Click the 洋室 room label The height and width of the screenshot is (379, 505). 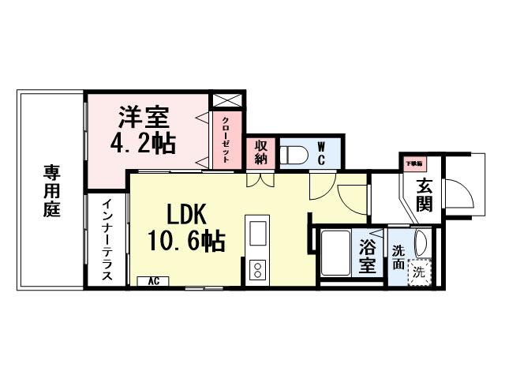click(143, 118)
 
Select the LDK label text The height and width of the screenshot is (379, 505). click(186, 214)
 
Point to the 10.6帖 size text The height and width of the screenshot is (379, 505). click(187, 240)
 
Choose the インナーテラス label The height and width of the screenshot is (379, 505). click(107, 240)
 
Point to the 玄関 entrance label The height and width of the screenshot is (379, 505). click(425, 195)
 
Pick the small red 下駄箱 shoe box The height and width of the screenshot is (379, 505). click(413, 163)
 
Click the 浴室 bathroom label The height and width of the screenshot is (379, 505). click(368, 258)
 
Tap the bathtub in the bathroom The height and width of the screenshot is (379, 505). click(338, 253)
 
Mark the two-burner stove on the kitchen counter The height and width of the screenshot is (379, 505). click(257, 269)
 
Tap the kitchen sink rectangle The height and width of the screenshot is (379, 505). click(258, 234)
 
